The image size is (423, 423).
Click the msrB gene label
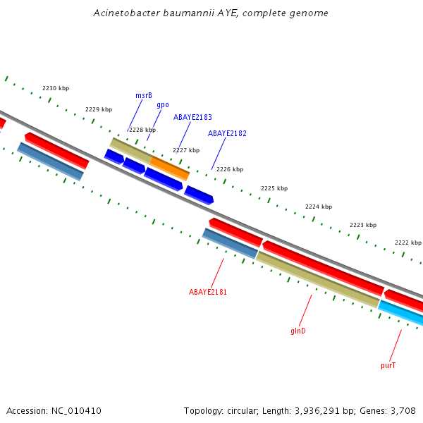click(x=144, y=95)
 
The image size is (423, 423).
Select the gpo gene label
click(x=163, y=104)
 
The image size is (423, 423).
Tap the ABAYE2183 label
click(x=192, y=118)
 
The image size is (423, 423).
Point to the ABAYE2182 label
click(x=227, y=133)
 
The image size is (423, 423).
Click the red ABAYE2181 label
click(x=208, y=292)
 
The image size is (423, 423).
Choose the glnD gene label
click(x=298, y=331)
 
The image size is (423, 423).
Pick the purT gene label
click(x=388, y=365)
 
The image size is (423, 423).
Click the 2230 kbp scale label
click(x=56, y=88)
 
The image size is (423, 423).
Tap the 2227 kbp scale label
click(x=186, y=150)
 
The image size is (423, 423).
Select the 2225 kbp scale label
click(x=274, y=188)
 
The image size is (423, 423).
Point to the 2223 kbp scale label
click(x=363, y=225)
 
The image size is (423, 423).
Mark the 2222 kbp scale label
click(x=407, y=243)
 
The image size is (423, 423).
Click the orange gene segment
click(x=170, y=168)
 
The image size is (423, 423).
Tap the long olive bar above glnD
click(x=317, y=279)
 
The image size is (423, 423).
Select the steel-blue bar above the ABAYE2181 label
click(x=230, y=243)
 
